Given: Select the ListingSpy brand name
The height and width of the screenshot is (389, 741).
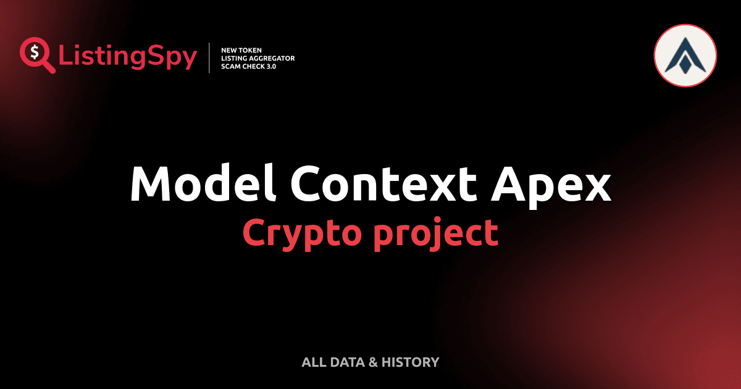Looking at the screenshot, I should (128, 57).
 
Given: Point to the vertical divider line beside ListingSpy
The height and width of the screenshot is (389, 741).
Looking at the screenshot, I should (210, 58).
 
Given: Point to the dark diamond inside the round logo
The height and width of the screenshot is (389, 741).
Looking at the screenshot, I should (685, 62).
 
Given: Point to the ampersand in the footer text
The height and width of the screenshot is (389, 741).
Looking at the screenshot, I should (372, 362).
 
